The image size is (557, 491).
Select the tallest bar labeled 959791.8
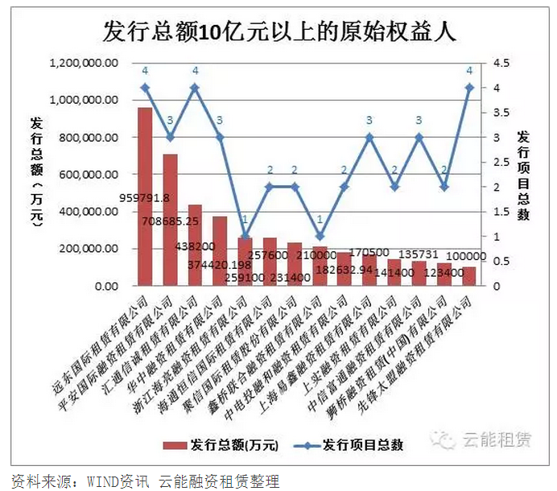tap(145, 196)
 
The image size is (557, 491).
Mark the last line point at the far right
tap(469, 88)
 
